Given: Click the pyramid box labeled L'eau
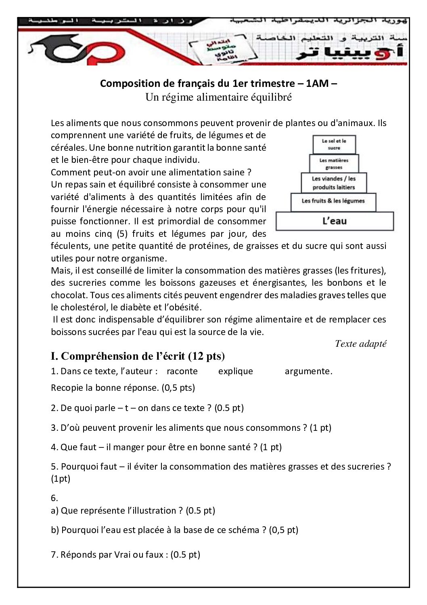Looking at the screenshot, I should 335,221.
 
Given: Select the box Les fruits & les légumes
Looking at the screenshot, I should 333,201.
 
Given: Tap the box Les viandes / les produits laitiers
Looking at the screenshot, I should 334,183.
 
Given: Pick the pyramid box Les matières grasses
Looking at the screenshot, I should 334,164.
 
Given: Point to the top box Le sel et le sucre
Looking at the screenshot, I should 334,144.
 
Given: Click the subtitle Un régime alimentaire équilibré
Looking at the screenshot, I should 218,97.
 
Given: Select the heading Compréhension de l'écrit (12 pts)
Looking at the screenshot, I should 138,356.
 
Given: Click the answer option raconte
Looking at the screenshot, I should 182,371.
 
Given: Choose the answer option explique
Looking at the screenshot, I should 236,371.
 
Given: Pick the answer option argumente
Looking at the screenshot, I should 308,371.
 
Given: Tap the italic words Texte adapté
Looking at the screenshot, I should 360,344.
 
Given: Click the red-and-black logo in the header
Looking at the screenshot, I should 77,51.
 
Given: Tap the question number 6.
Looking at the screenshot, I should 54,498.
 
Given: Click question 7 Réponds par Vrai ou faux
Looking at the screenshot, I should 126,554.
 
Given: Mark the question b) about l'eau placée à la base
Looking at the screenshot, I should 174,530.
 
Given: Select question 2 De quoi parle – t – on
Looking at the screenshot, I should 147,408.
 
